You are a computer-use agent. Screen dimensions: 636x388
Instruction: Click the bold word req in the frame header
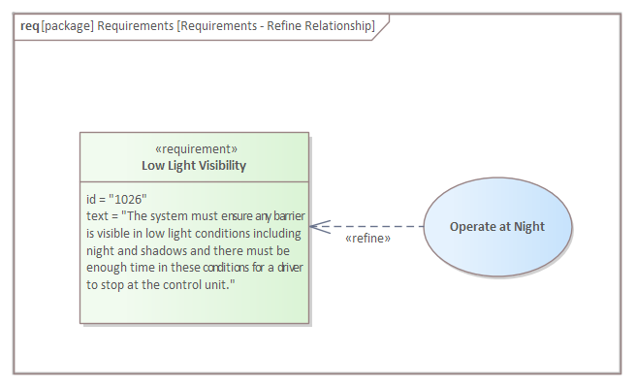pos(30,26)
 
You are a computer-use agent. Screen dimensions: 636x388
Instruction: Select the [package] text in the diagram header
pos(67,26)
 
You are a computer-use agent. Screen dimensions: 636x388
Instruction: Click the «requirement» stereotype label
pos(196,149)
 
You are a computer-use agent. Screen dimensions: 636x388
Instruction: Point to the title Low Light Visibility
pos(194,166)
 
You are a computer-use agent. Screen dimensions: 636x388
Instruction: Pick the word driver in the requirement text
pos(290,268)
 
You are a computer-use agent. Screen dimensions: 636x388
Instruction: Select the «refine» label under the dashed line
pos(367,239)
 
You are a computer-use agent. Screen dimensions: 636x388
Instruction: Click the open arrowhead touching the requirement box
pos(320,227)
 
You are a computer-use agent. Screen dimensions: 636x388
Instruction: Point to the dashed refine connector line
pos(366,226)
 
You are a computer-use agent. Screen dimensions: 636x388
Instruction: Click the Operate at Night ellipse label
pos(497,226)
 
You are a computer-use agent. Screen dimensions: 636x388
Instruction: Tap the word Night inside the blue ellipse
pos(529,226)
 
